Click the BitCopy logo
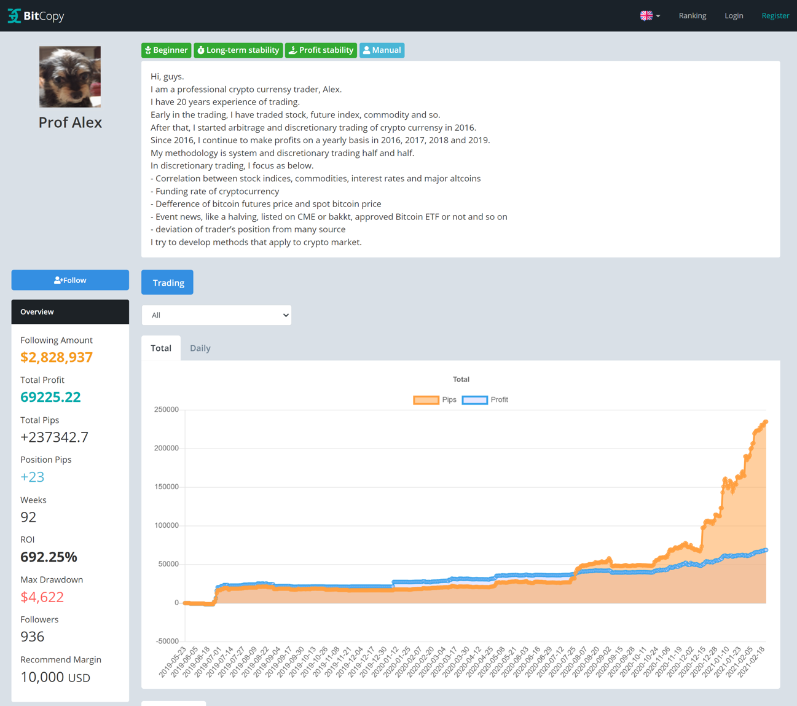pyautogui.click(x=36, y=16)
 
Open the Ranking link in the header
pyautogui.click(x=692, y=16)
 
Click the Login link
pyautogui.click(x=734, y=16)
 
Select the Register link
pyautogui.click(x=775, y=16)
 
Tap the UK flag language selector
pyautogui.click(x=650, y=16)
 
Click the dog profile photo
pyautogui.click(x=70, y=77)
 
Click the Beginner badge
pyautogui.click(x=166, y=50)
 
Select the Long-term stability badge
pyautogui.click(x=238, y=50)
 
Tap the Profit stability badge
pyautogui.click(x=321, y=50)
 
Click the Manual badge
pyautogui.click(x=382, y=50)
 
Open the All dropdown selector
pyautogui.click(x=216, y=315)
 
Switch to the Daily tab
pyautogui.click(x=200, y=348)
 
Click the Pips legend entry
pyautogui.click(x=435, y=400)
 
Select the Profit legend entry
pyautogui.click(x=485, y=400)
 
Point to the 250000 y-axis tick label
pyautogui.click(x=166, y=410)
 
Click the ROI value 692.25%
pyautogui.click(x=49, y=557)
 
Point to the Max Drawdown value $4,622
pyautogui.click(x=42, y=597)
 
